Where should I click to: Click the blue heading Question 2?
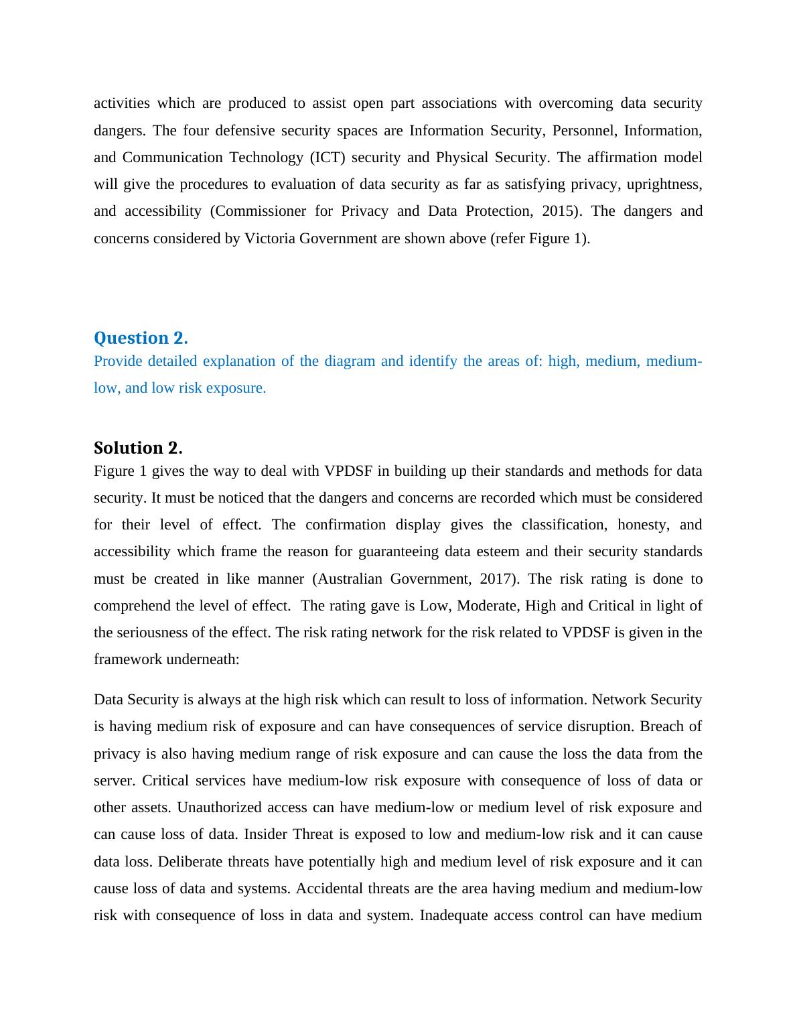pyautogui.click(x=141, y=338)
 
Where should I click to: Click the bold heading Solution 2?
pyautogui.click(x=138, y=448)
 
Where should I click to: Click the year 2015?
pyautogui.click(x=558, y=211)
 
